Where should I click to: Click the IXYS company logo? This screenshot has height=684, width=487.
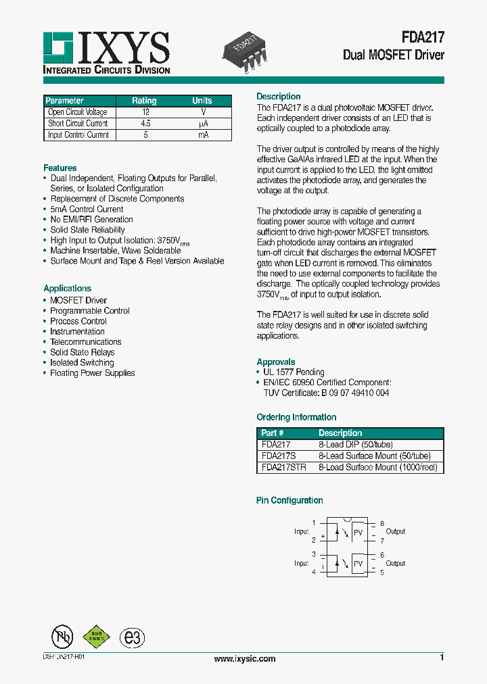point(106,52)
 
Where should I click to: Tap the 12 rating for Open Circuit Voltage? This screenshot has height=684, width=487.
point(145,112)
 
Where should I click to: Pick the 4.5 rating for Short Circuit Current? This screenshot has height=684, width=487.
point(145,124)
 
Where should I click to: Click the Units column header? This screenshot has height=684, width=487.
point(202,101)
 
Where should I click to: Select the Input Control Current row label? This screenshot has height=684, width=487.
point(78,135)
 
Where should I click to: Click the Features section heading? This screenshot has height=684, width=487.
point(60,168)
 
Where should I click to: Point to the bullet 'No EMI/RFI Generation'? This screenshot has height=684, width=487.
point(91,220)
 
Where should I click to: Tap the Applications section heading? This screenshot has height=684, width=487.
point(67,288)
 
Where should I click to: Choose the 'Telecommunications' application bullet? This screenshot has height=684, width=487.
point(85,342)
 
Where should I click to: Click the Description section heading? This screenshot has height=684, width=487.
point(278,97)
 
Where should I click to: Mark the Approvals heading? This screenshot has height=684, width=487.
point(275,362)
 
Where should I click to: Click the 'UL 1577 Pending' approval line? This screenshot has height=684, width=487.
point(294,372)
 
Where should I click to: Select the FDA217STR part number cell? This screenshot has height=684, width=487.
point(283,467)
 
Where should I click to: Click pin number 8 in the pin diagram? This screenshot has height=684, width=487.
point(382,523)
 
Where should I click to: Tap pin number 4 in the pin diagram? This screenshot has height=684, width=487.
point(313,572)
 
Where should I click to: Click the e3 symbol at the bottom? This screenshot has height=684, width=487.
point(132,637)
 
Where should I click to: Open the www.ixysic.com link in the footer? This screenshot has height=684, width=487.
point(244,658)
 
